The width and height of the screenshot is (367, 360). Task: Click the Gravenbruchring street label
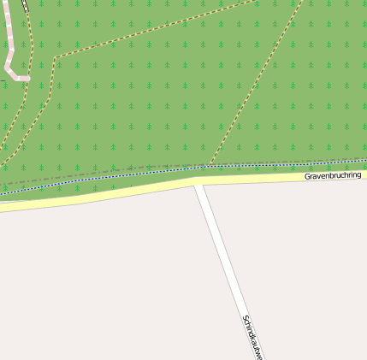pos(333,175)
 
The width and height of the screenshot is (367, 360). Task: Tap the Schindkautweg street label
pos(252,337)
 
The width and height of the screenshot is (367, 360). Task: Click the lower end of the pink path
pos(27,78)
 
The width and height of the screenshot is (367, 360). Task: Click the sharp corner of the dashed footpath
pos(55,58)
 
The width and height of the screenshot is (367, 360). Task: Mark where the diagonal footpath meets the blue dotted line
pos(210,165)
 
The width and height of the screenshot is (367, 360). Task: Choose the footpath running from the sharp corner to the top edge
pos(154,30)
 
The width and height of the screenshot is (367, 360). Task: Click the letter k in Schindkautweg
pos(253,339)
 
